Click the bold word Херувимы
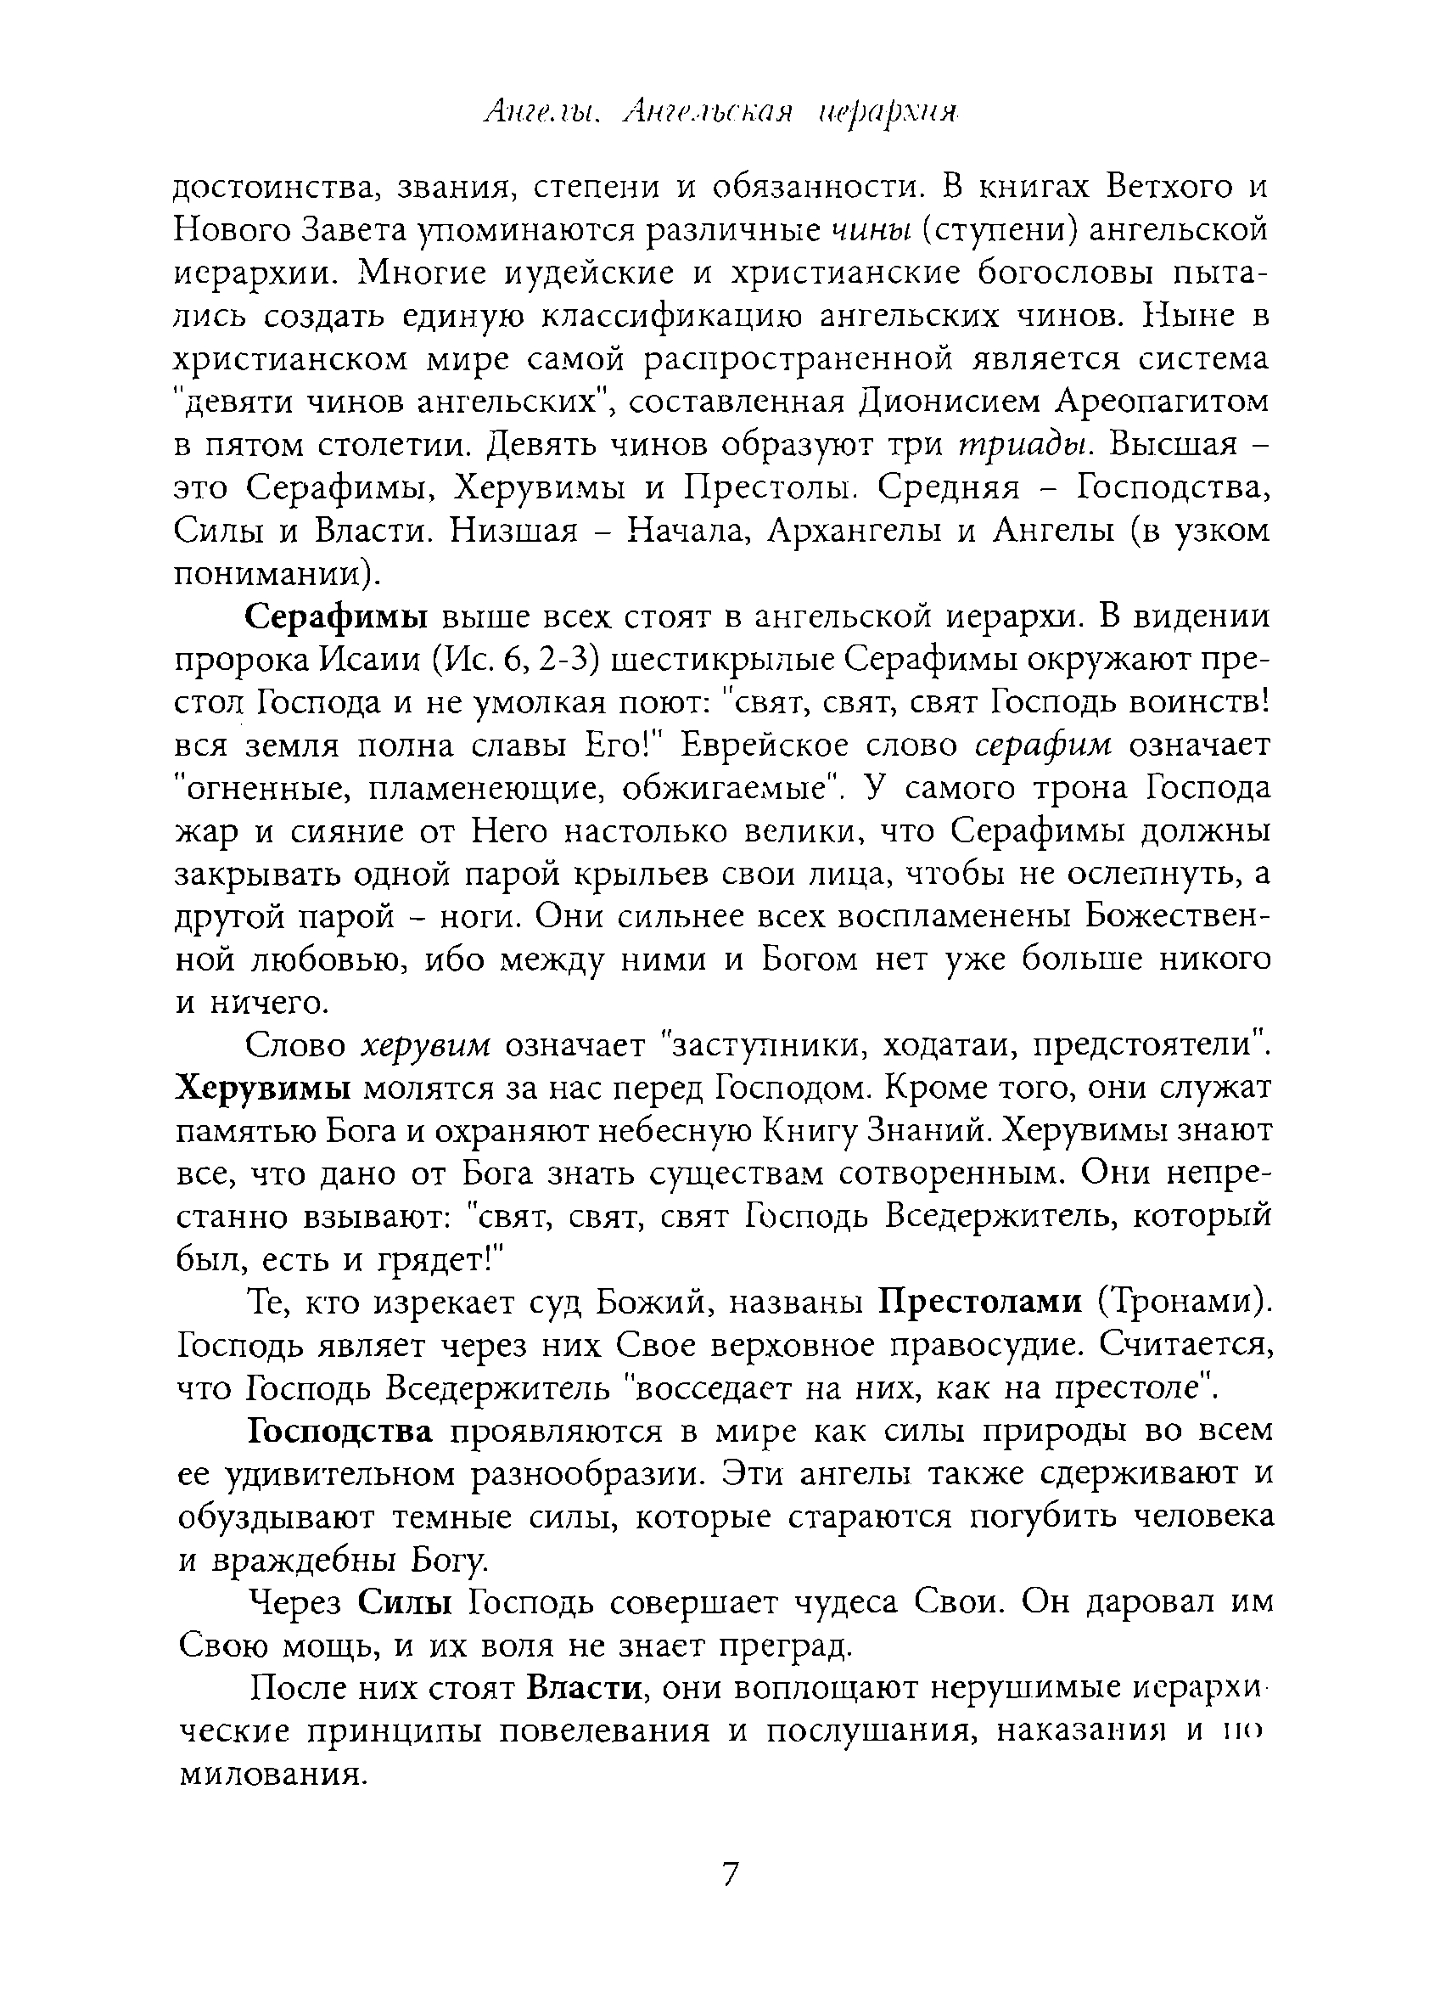263,1089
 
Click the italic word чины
866,231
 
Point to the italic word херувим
426,1045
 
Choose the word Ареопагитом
1163,402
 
